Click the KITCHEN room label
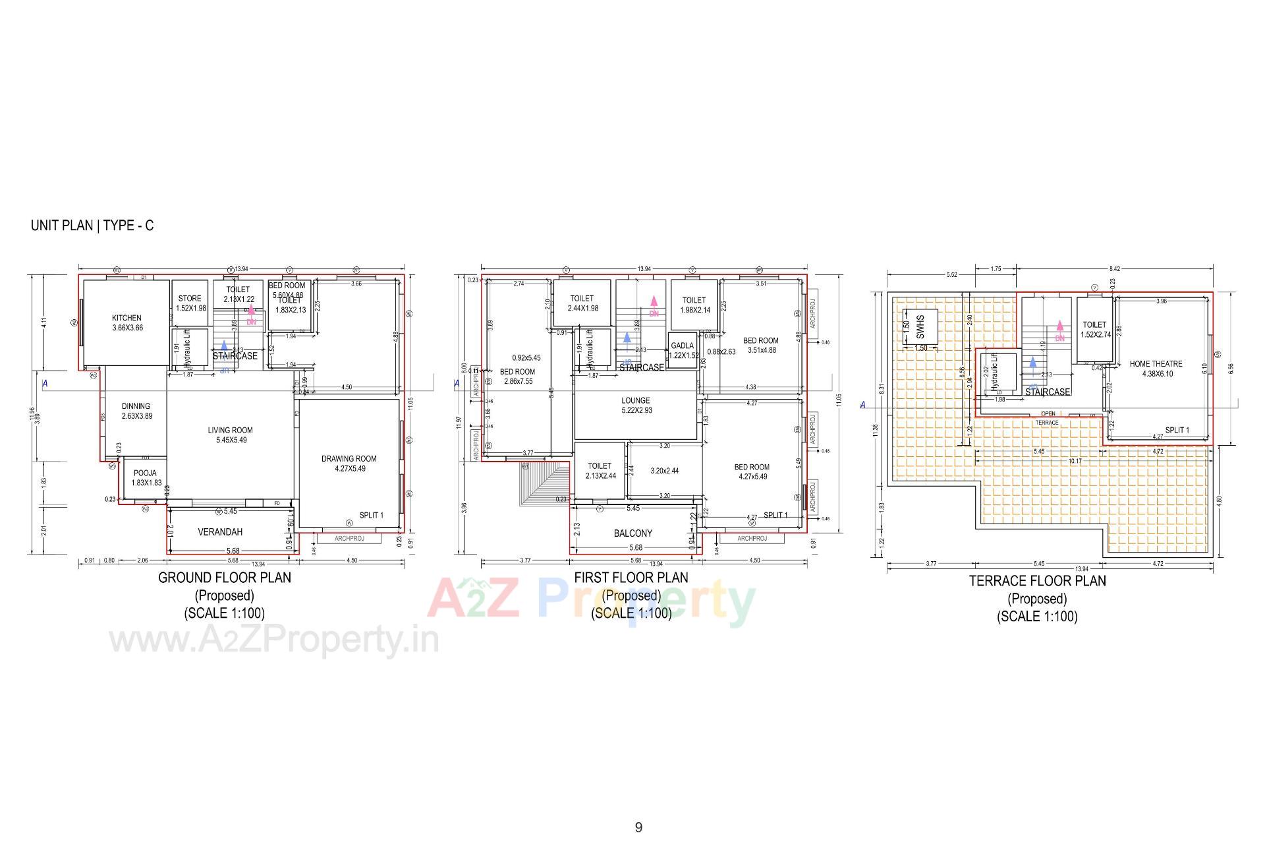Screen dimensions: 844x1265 coord(126,318)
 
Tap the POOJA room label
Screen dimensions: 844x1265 coord(145,473)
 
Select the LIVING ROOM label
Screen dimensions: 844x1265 coord(230,431)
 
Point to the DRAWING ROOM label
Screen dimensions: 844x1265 coord(349,459)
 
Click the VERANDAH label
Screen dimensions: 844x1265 coord(220,532)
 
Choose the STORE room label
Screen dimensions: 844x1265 coord(190,299)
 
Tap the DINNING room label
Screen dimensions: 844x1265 coord(136,406)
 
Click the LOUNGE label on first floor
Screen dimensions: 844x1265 coord(635,400)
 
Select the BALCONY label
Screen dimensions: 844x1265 coord(632,533)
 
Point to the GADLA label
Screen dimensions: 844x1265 coord(682,346)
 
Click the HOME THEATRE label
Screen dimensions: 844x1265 coord(1156,364)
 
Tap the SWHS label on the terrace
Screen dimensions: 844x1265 coord(920,326)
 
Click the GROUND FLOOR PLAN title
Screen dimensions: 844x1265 coord(224,578)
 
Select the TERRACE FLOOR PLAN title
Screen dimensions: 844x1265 coord(1037,581)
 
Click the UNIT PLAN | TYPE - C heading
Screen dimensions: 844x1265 coord(92,226)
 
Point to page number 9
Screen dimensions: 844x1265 coord(638,828)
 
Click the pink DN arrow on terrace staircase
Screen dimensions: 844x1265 coord(1059,326)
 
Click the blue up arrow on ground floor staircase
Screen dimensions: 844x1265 coord(224,346)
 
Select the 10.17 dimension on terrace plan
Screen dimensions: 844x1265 coord(1075,461)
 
